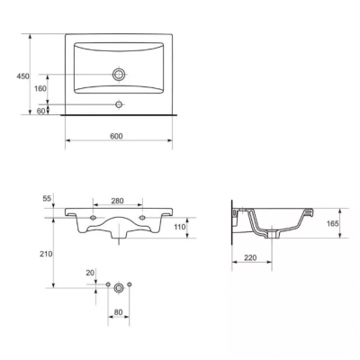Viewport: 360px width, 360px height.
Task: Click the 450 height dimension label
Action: [x=22, y=76]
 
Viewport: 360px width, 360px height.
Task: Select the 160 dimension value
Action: [x=40, y=88]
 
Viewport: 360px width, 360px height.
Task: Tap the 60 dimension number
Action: [x=40, y=111]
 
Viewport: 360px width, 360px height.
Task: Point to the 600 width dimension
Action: [x=116, y=136]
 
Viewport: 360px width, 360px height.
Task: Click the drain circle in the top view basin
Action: [x=119, y=74]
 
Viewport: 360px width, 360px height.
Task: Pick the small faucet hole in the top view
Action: [x=119, y=104]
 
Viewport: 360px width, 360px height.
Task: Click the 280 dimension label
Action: [x=117, y=201]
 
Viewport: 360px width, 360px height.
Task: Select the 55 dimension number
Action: [x=48, y=198]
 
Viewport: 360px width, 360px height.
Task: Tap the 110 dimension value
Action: [x=180, y=227]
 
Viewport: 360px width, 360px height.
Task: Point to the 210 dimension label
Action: [x=46, y=254]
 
